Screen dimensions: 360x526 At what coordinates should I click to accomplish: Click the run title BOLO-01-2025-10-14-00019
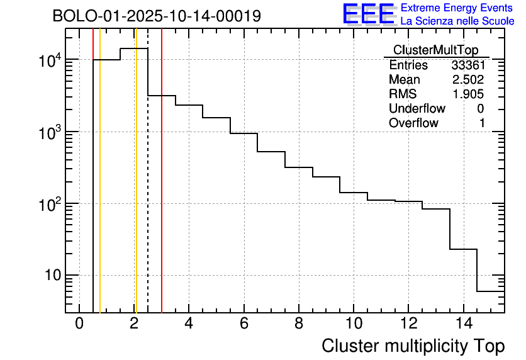coord(157,16)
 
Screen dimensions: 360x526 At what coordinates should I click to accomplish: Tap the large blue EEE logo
coord(369,14)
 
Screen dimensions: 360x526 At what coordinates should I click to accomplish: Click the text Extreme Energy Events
coord(457,8)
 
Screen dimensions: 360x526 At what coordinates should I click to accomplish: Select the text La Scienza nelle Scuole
coord(457,21)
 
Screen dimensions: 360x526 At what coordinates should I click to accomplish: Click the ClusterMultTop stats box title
coord(435,50)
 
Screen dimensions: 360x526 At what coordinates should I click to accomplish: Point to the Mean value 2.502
coord(467,80)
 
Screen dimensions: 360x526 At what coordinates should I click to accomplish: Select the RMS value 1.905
coord(467,94)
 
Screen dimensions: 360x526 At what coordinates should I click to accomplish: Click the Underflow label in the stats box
coord(417,109)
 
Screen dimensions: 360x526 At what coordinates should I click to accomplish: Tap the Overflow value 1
coord(482,123)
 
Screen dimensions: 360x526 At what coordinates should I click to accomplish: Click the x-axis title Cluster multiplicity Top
coord(413,346)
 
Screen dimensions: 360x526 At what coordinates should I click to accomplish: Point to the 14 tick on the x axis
coord(463,323)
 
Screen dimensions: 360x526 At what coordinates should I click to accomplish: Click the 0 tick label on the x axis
coord(79,323)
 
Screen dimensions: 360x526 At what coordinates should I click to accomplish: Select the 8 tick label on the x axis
coord(299,323)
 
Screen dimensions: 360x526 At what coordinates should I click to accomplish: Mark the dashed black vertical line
coord(148,189)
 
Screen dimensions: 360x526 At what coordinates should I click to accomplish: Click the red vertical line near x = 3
coord(162,189)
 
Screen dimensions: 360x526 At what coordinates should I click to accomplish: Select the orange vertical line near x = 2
coord(135,189)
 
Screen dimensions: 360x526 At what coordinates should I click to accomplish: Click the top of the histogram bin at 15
coord(491,291)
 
